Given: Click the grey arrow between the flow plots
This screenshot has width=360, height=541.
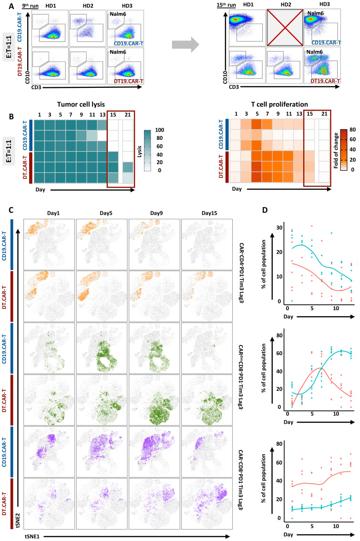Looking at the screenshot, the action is [185, 44].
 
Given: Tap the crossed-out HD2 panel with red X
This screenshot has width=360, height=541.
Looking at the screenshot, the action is [285, 28].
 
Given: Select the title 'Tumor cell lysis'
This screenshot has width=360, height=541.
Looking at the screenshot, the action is [81, 104].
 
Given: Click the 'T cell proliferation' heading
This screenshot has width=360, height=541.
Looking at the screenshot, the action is [279, 104].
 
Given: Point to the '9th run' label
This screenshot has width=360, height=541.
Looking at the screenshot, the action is [31, 6].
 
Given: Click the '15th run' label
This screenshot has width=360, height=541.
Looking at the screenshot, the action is [226, 5].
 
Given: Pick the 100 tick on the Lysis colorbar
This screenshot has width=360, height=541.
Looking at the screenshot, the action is [160, 130].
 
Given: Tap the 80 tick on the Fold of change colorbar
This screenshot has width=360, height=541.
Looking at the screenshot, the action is [352, 130].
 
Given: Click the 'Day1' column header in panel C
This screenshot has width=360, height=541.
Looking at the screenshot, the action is [53, 213].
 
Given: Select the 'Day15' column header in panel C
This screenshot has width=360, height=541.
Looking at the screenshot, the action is [209, 213].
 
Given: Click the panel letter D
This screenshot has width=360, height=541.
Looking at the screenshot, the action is [265, 210].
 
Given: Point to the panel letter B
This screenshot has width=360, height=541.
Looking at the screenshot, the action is [12, 116].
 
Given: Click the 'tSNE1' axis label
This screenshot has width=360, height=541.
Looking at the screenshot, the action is [32, 536].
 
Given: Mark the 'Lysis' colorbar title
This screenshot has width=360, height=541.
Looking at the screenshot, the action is [140, 150].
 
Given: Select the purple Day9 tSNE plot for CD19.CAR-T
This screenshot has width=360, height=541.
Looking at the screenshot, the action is [154, 452].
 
